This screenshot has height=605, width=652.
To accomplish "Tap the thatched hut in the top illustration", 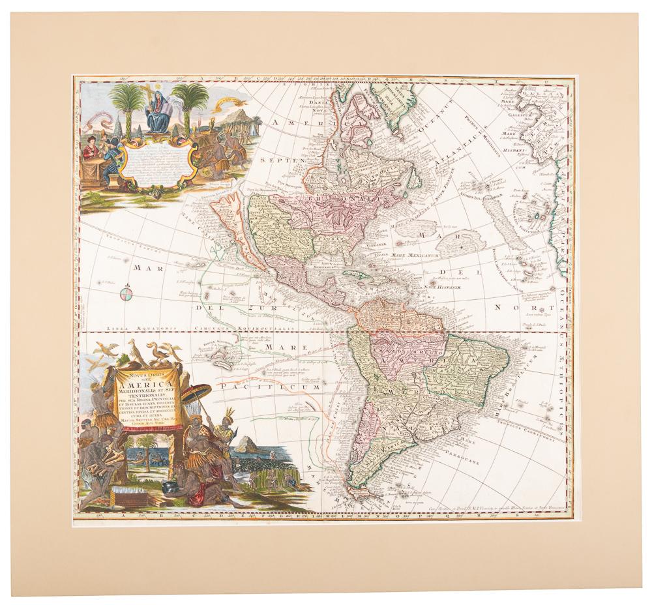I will [233, 125].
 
